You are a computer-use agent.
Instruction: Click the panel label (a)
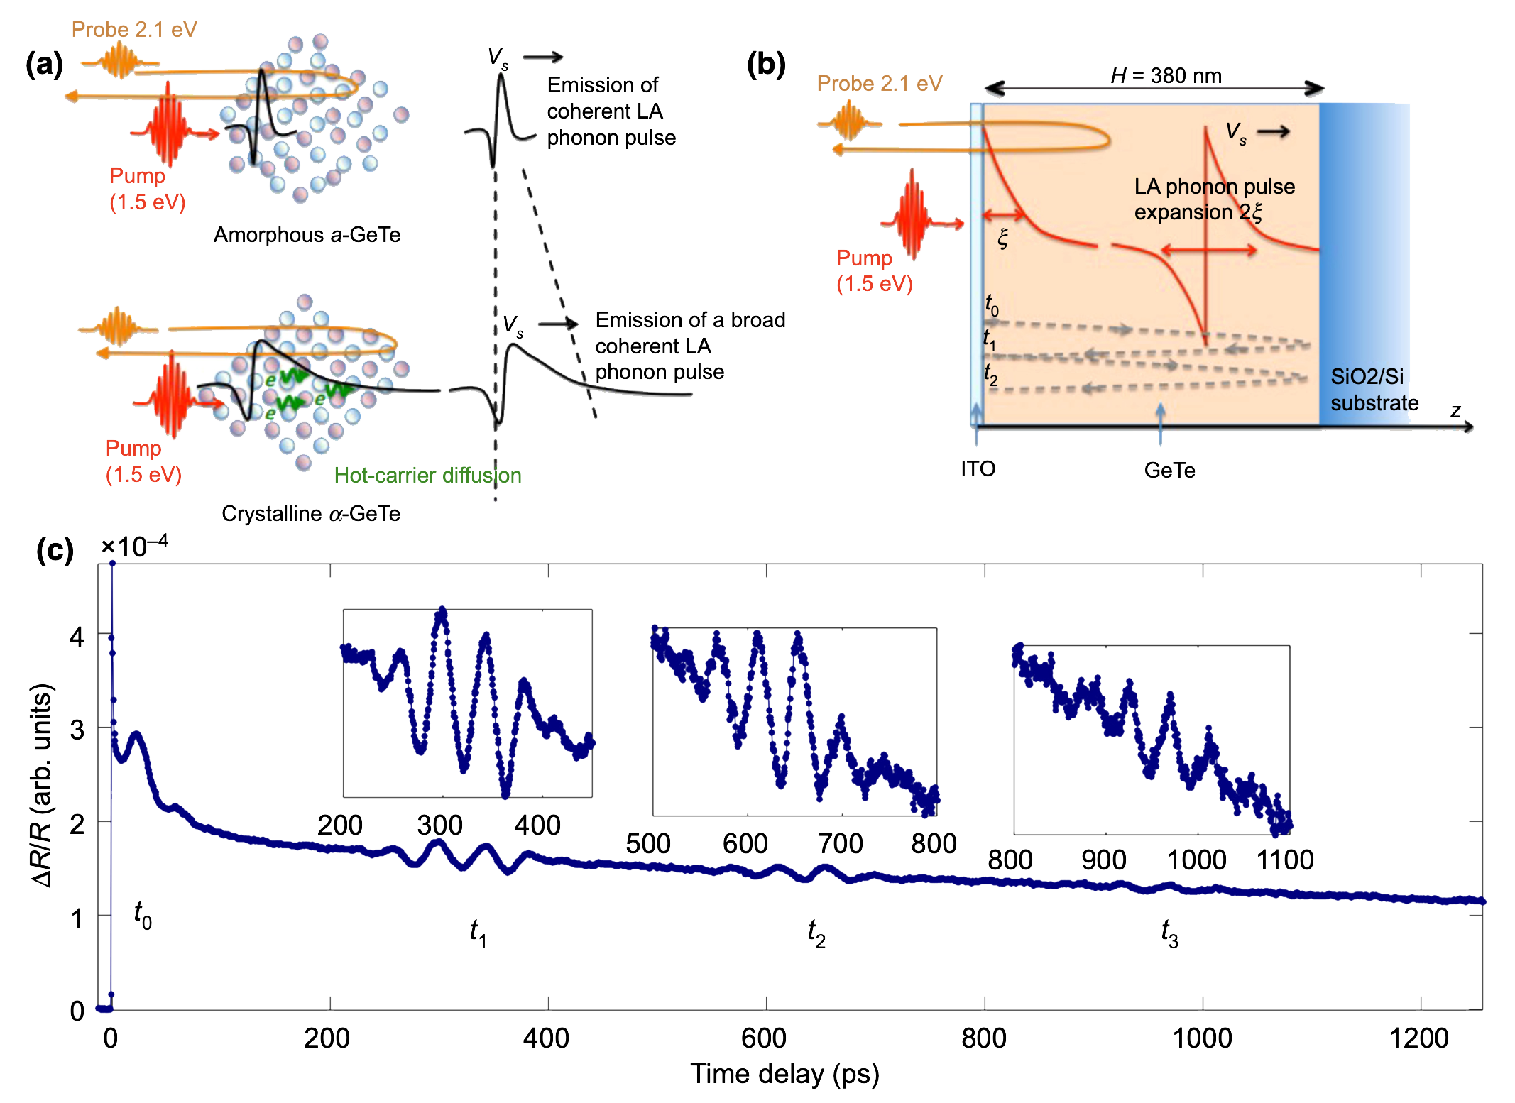pyautogui.click(x=44, y=65)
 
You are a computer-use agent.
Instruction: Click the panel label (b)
pyautogui.click(x=766, y=65)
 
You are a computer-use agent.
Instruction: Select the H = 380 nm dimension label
pyautogui.click(x=1166, y=75)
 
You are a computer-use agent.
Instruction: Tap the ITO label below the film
pyautogui.click(x=978, y=469)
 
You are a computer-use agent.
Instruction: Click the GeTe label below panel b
pyautogui.click(x=1169, y=471)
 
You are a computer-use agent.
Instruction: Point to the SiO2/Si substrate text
pyautogui.click(x=1373, y=390)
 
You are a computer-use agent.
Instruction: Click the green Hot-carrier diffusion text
pyautogui.click(x=427, y=475)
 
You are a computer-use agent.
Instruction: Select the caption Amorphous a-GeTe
pyautogui.click(x=307, y=235)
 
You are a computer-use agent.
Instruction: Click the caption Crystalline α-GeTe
pyautogui.click(x=310, y=513)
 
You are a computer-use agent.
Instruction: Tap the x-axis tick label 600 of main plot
pyautogui.click(x=763, y=1038)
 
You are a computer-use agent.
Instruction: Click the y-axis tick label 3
pyautogui.click(x=77, y=730)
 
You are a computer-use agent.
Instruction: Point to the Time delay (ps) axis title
pyautogui.click(x=784, y=1074)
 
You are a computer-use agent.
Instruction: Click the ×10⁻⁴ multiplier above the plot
pyautogui.click(x=134, y=546)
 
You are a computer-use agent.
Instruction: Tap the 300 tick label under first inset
pyautogui.click(x=439, y=825)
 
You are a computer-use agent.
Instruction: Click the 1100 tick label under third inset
pyautogui.click(x=1285, y=860)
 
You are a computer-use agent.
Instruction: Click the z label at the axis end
pyautogui.click(x=1455, y=410)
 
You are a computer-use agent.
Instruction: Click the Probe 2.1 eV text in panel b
pyautogui.click(x=879, y=84)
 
